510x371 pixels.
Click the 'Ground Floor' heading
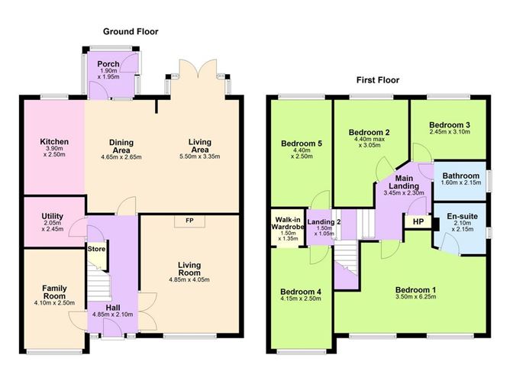(131, 31)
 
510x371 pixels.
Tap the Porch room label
(109, 66)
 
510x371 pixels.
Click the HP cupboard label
(418, 221)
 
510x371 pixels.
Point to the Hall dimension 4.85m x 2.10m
(112, 313)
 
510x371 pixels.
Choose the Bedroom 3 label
(449, 125)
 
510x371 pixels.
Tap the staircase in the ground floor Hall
(96, 286)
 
